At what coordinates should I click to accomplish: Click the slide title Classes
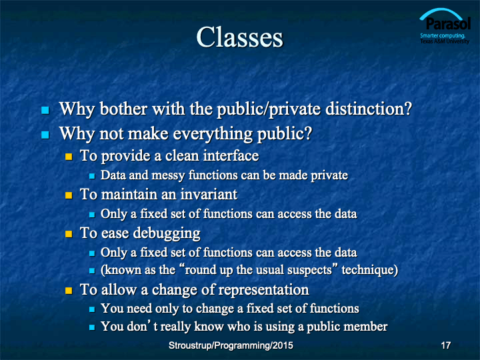click(x=240, y=37)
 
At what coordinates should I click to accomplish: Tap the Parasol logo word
click(x=448, y=23)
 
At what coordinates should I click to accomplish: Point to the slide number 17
click(x=446, y=345)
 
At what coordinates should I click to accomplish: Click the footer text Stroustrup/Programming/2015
click(x=231, y=345)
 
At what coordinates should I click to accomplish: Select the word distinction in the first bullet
click(x=369, y=109)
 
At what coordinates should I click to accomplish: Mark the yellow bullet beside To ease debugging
click(x=69, y=234)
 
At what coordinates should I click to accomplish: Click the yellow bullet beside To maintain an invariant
click(x=69, y=195)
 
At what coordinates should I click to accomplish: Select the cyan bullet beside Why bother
click(x=45, y=110)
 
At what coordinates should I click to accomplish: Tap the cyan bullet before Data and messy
click(x=92, y=176)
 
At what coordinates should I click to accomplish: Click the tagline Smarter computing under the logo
click(x=443, y=35)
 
